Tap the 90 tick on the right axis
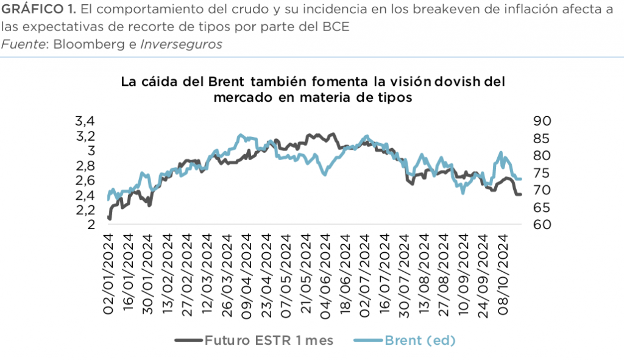click(542, 121)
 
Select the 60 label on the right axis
click(542, 225)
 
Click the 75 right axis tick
click(542, 173)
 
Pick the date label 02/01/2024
click(110, 274)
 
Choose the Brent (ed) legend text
click(420, 340)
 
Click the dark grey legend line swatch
click(188, 340)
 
